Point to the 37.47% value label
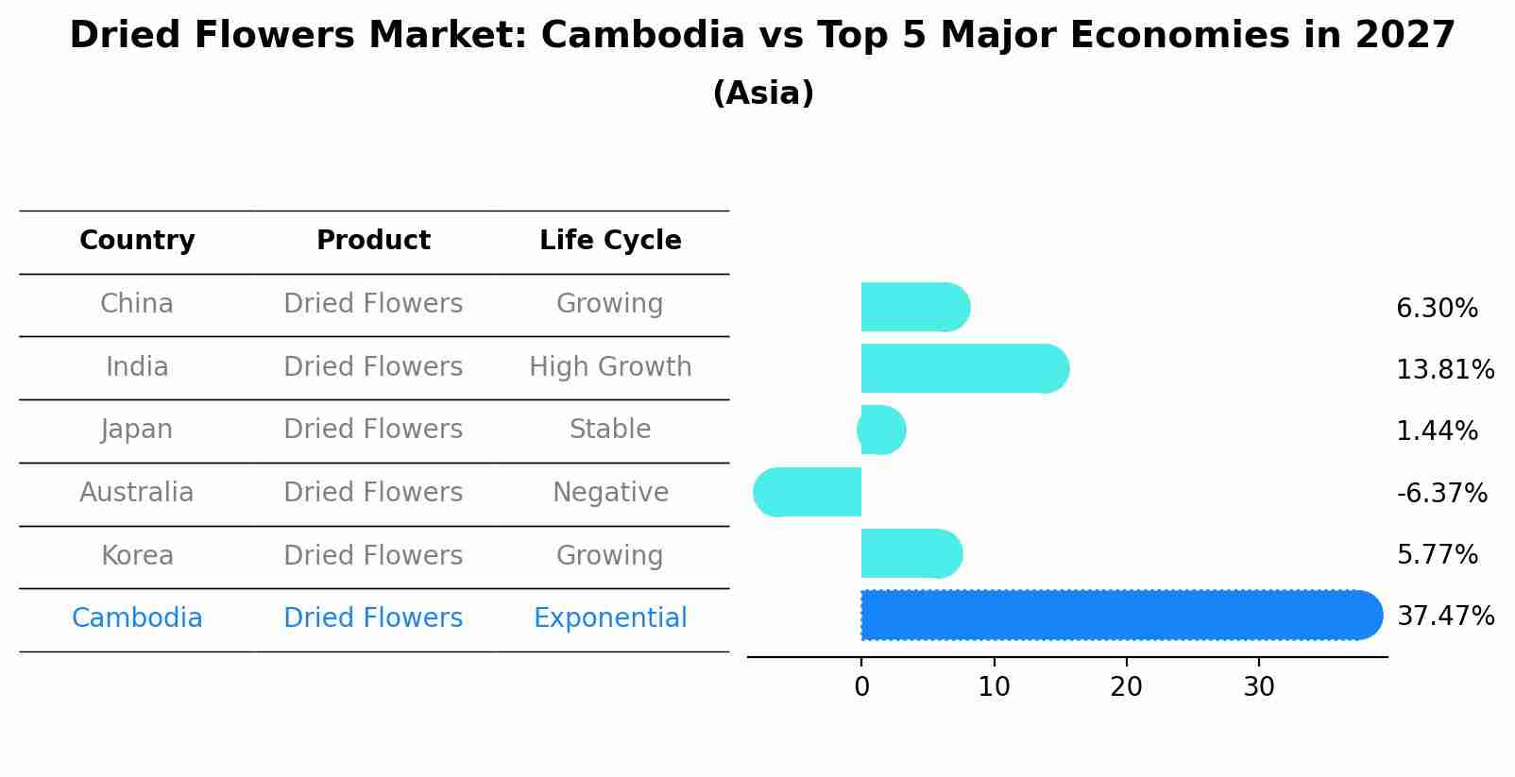click(1445, 617)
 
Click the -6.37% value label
click(1441, 493)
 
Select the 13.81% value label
click(1445, 370)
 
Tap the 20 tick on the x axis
click(1126, 687)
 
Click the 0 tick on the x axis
click(861, 687)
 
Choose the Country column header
click(137, 241)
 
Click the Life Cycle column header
click(610, 241)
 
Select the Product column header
click(373, 241)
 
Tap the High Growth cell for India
click(610, 367)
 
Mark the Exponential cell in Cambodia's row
click(610, 618)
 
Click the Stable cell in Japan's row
click(610, 430)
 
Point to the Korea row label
click(137, 556)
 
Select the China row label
click(137, 304)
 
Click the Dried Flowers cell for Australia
click(373, 493)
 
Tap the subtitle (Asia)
click(763, 93)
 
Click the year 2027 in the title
click(1404, 36)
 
